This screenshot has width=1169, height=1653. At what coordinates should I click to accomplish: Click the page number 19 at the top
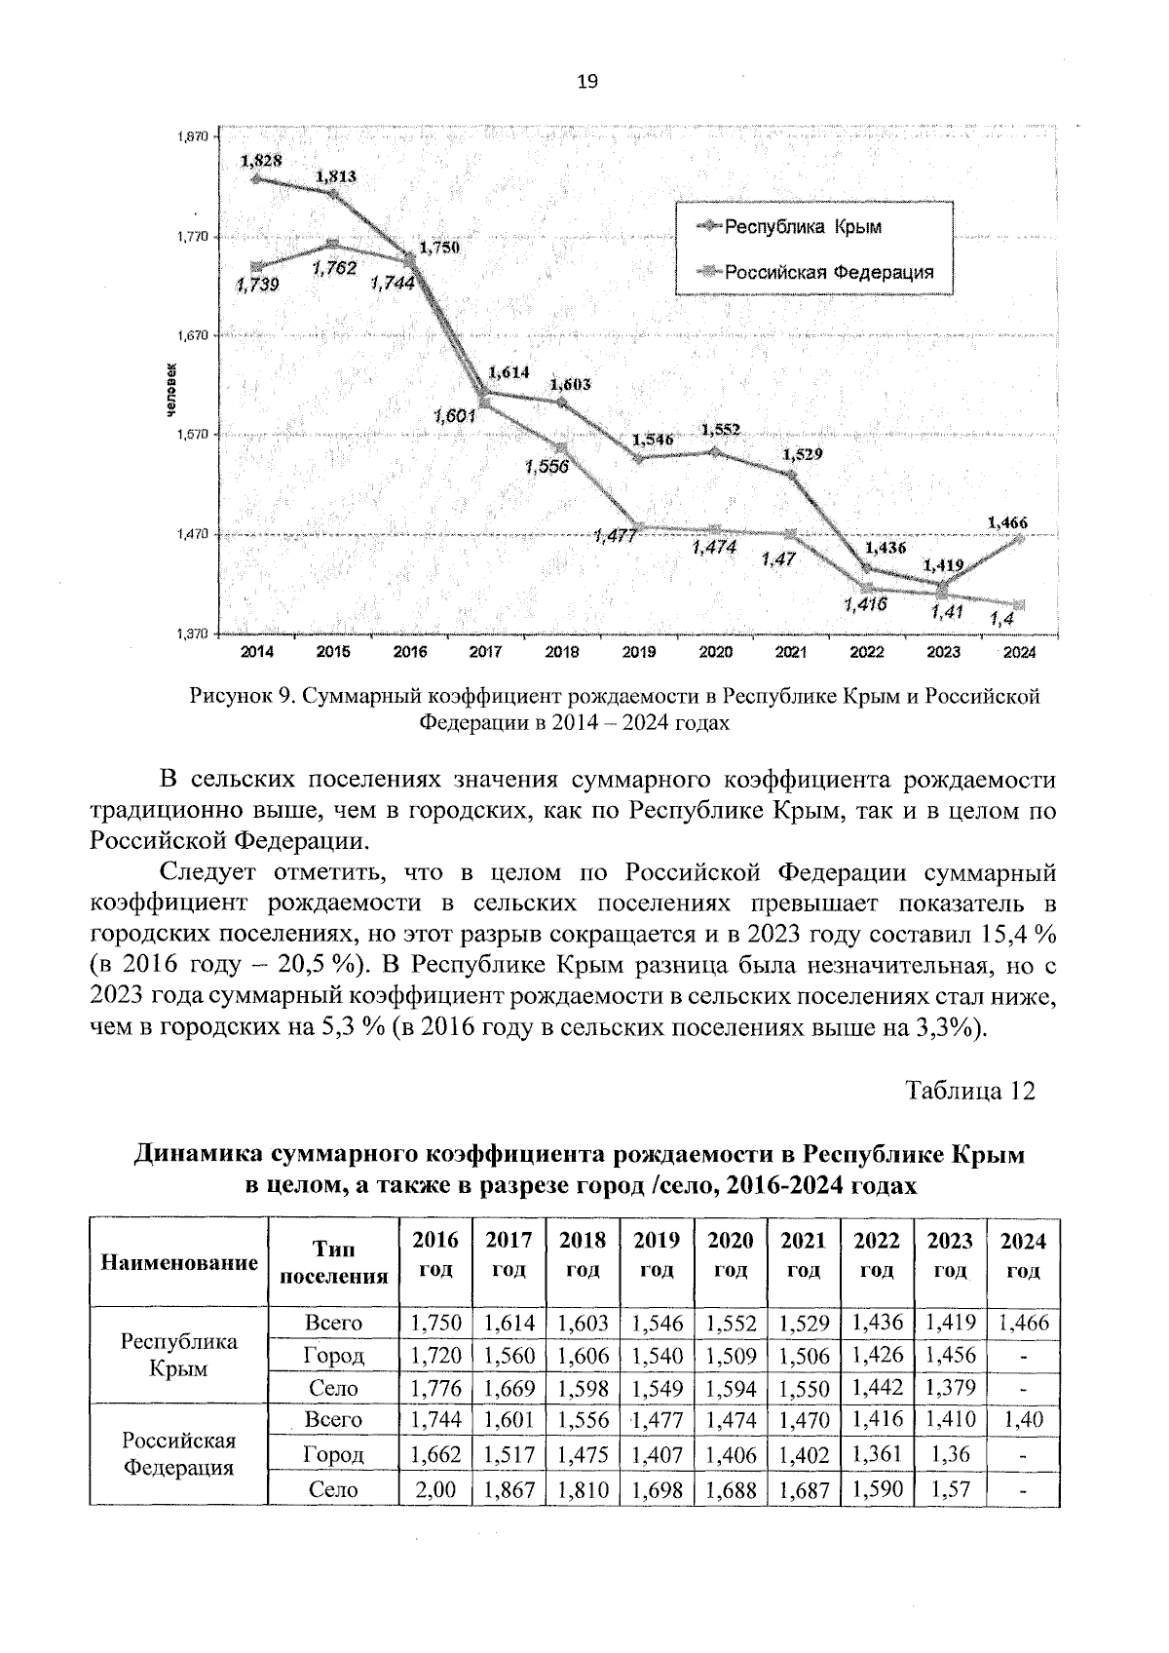586,82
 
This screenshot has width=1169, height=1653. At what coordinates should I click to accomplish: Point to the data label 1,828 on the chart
261,161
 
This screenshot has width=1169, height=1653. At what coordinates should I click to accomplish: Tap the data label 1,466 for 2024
1007,522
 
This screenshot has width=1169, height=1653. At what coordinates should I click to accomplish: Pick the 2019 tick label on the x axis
638,652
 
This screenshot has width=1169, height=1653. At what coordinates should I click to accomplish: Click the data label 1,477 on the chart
615,537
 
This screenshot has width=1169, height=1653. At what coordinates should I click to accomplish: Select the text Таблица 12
969,1090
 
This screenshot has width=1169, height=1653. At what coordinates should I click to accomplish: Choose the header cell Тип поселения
333,1262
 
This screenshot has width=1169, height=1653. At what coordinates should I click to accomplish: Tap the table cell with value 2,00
435,1489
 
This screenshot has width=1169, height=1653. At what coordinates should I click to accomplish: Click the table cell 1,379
950,1388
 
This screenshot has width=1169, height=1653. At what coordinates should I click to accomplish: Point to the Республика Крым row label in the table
178,1355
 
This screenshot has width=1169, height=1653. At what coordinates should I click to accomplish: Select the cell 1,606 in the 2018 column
583,1356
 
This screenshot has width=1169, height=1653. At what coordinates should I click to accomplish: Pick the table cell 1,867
509,1489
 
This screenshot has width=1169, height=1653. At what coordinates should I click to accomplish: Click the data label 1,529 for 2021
802,454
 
